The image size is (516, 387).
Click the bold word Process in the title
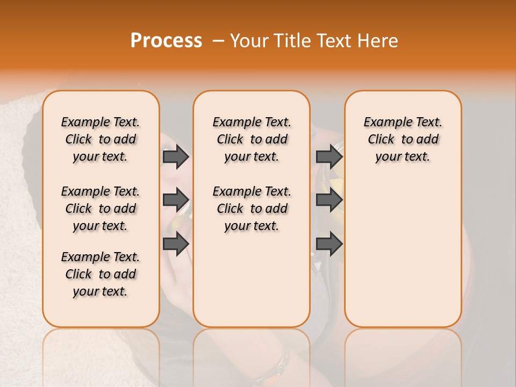[x=166, y=41]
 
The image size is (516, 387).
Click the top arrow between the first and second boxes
[x=176, y=157]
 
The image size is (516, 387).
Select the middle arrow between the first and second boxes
[x=176, y=200]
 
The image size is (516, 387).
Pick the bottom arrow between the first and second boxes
[x=176, y=244]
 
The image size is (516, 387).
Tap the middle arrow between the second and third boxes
[x=329, y=200]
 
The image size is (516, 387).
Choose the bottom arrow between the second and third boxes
[x=329, y=244]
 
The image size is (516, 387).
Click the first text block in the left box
[x=101, y=139]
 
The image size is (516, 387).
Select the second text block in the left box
[x=101, y=209]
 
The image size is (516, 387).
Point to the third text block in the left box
[x=101, y=274]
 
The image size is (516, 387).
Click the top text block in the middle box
[x=252, y=139]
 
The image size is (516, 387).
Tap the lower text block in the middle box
[x=252, y=209]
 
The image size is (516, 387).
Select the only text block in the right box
[x=403, y=139]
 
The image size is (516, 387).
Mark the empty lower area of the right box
[x=403, y=247]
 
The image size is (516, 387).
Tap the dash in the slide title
[x=217, y=41]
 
